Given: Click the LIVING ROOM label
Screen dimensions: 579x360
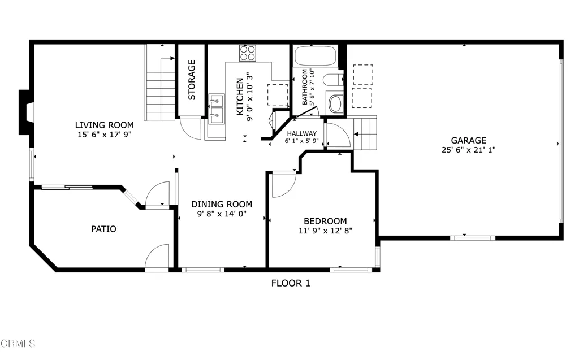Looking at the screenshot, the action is click(x=105, y=125).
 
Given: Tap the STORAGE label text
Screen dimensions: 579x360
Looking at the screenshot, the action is click(x=192, y=80).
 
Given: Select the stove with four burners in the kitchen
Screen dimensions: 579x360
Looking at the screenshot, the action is click(x=248, y=53).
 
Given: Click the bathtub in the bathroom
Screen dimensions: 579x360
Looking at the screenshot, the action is click(x=316, y=56).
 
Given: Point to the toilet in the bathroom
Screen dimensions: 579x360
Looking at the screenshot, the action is click(x=333, y=79).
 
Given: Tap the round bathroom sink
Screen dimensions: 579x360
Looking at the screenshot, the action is click(x=335, y=104).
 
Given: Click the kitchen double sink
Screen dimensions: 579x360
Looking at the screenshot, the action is click(x=217, y=109).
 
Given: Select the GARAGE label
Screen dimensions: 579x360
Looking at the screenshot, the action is click(x=469, y=140).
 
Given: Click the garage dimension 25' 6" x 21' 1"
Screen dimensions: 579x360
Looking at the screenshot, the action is click(x=469, y=150).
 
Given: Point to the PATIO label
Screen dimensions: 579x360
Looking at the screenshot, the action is click(x=104, y=229).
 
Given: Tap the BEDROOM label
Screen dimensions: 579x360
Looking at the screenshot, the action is click(x=325, y=221).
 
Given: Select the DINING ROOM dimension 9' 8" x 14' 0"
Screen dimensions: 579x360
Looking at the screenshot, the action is click(x=222, y=214).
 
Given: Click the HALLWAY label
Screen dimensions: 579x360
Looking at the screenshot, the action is click(x=302, y=133).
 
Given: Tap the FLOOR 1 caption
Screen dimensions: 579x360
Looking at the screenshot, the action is click(x=291, y=283).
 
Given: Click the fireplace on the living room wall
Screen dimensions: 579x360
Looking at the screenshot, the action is click(x=26, y=112).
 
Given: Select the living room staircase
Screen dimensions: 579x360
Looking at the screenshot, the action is click(x=160, y=82).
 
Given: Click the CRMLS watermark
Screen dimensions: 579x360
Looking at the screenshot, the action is click(x=18, y=344).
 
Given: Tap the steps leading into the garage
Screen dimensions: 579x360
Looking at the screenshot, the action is click(x=365, y=133).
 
